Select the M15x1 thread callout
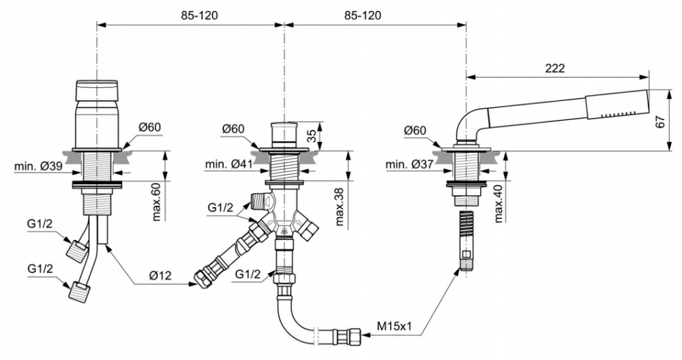tap(394, 326)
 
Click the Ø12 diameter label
tap(160, 275)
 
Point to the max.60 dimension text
tap(157, 201)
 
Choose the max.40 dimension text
tap(499, 203)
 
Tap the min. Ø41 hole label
tap(228, 164)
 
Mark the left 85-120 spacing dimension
tap(200, 16)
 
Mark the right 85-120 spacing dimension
tap(363, 16)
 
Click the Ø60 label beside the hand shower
tap(415, 130)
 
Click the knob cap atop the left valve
tap(97, 91)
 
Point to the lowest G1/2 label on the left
tap(40, 269)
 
